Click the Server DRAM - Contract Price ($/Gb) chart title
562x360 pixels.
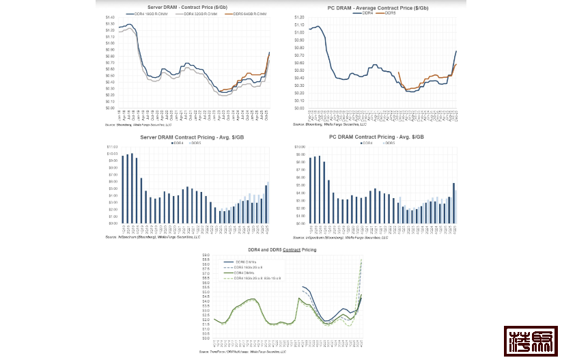click(x=188, y=7)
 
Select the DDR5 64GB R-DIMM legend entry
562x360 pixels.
click(x=250, y=13)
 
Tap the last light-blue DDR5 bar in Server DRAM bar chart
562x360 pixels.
click(x=268, y=202)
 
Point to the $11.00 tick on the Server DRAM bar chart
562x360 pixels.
click(x=112, y=146)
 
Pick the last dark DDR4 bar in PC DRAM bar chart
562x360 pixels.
click(x=453, y=203)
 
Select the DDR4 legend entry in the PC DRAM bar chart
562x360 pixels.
click(x=367, y=143)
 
